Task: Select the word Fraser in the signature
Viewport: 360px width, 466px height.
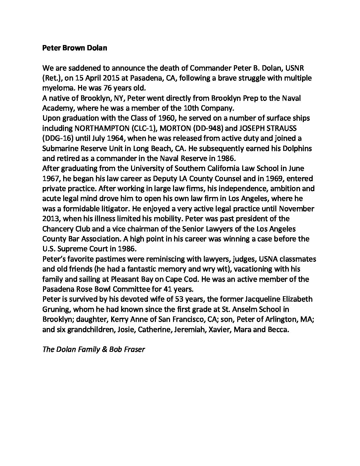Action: click(134, 349)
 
